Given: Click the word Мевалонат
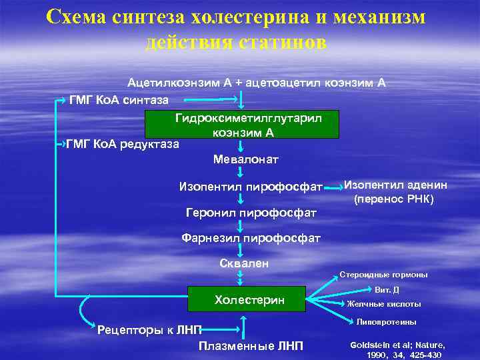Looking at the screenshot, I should click(x=245, y=160).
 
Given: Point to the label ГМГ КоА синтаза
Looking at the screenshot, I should click(x=119, y=100).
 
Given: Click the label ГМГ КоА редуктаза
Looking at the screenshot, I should click(x=123, y=144).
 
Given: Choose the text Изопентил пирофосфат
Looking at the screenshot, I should click(x=251, y=186).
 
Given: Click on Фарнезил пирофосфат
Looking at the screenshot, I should click(x=251, y=238).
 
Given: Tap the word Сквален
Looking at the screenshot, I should click(x=244, y=263).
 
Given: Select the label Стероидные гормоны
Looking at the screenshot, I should click(x=383, y=275).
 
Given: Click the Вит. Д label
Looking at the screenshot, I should click(x=387, y=290).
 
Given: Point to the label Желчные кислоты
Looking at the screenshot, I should click(x=384, y=304).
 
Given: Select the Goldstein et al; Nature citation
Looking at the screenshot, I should click(x=396, y=350).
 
